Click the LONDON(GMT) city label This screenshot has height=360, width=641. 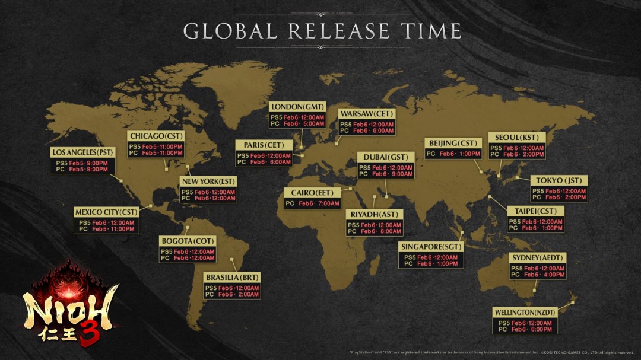click(297, 107)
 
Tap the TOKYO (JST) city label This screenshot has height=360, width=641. click(558, 180)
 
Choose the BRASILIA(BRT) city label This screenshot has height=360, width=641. click(232, 278)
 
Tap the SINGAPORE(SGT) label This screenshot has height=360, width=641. click(430, 247)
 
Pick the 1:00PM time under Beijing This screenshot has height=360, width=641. click(465, 154)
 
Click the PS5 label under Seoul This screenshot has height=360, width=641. click(496, 148)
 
